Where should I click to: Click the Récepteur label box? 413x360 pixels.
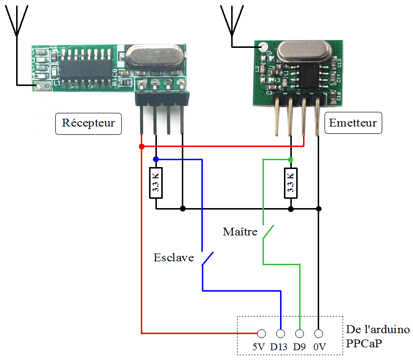(88, 123)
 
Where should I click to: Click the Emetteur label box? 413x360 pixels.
(353, 123)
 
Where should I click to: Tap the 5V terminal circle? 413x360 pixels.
(261, 334)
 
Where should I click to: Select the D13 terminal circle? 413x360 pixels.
(281, 334)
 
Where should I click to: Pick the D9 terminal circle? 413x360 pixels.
(300, 334)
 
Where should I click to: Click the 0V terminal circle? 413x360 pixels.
(319, 334)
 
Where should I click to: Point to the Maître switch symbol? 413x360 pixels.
(268, 232)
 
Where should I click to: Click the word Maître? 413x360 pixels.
(239, 232)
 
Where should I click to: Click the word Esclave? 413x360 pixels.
(174, 257)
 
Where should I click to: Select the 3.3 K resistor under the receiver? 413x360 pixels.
(156, 182)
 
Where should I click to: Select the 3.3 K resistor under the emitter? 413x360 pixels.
(291, 182)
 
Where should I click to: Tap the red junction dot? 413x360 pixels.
(141, 147)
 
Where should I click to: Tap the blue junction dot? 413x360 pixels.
(156, 159)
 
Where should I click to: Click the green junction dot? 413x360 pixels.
(291, 160)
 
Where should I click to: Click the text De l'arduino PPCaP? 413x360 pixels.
(377, 336)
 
